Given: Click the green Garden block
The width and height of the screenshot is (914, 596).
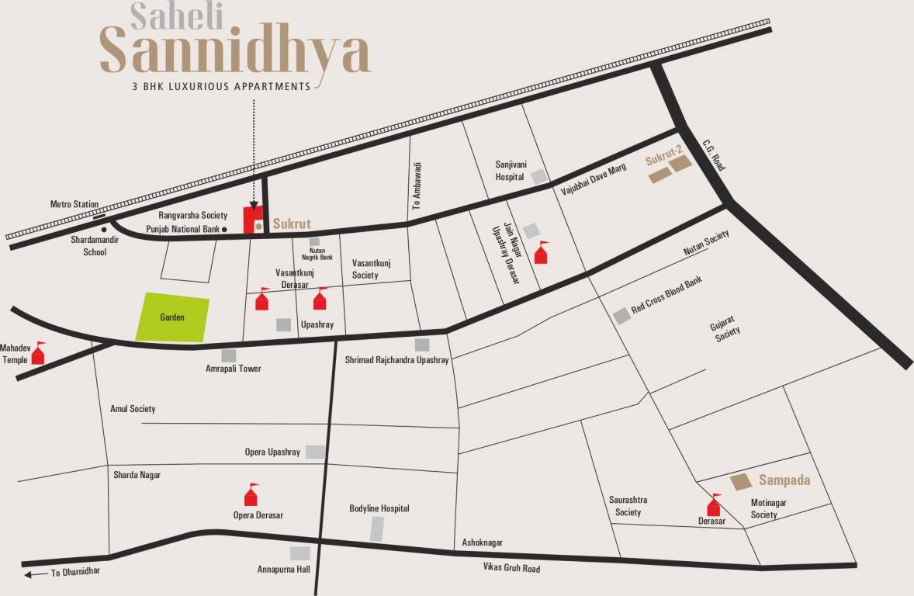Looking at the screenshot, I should [x=172, y=318].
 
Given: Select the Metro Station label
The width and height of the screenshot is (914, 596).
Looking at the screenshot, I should [x=74, y=204].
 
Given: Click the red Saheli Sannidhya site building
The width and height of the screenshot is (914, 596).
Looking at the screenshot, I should [x=251, y=220].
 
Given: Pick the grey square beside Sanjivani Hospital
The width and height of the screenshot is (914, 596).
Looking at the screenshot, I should [x=538, y=177].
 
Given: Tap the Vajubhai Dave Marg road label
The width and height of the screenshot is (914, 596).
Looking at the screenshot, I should [x=590, y=179].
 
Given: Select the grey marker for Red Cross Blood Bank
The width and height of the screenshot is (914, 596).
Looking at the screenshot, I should [x=621, y=316].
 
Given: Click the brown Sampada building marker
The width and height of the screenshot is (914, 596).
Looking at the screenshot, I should [x=741, y=482].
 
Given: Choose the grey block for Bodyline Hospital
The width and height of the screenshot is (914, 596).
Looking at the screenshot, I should [x=377, y=528].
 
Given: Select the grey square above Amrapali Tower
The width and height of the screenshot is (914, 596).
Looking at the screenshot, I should [x=229, y=355].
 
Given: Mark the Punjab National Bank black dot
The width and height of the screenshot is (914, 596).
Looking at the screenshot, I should [x=223, y=230].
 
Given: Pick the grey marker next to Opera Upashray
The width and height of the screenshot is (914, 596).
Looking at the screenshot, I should [x=315, y=452].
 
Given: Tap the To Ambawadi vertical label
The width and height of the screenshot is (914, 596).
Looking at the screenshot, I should [x=417, y=187].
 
